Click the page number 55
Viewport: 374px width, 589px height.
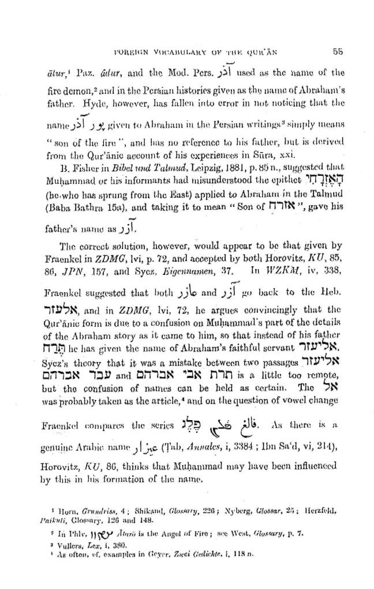click(x=338, y=51)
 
